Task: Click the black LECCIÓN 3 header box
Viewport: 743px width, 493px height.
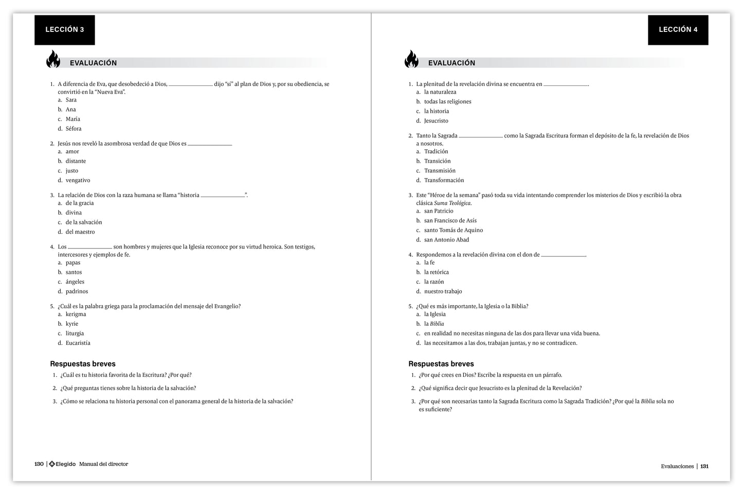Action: (65, 30)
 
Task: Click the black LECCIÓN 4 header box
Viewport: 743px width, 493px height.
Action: (678, 30)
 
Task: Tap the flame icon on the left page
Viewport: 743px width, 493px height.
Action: (53, 59)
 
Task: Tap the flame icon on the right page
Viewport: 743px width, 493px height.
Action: (411, 59)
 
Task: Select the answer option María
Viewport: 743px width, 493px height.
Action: (73, 119)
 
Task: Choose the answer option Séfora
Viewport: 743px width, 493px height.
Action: (74, 129)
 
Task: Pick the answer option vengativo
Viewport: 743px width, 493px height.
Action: (78, 180)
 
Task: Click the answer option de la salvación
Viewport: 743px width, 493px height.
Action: (83, 222)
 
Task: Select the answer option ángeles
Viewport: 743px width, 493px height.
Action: (75, 281)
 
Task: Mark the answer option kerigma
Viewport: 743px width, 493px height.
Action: (76, 314)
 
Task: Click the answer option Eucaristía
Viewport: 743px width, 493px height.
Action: (78, 343)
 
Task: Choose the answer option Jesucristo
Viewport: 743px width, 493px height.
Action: (436, 121)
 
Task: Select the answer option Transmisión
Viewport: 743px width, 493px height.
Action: (440, 170)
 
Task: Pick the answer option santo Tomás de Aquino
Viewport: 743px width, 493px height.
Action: (453, 230)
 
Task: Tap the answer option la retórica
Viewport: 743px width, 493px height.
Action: (436, 272)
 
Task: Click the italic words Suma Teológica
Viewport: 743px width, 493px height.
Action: (452, 203)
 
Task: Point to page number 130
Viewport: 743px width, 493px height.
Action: (39, 464)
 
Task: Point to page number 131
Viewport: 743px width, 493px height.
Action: (704, 466)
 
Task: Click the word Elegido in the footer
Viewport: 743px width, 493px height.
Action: (66, 464)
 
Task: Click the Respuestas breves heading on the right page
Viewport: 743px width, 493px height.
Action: (441, 364)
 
